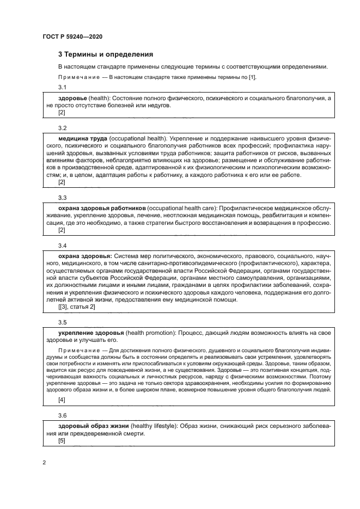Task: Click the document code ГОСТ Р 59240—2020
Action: (72, 36)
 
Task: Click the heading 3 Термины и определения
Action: (106, 54)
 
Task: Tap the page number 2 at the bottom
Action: (44, 463)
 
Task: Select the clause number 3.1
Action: (62, 87)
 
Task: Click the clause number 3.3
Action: (62, 199)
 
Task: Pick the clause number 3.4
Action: (62, 246)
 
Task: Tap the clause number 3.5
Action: (62, 322)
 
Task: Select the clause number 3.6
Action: (62, 415)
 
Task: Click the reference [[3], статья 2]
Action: (76, 307)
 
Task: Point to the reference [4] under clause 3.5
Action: (62, 400)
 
